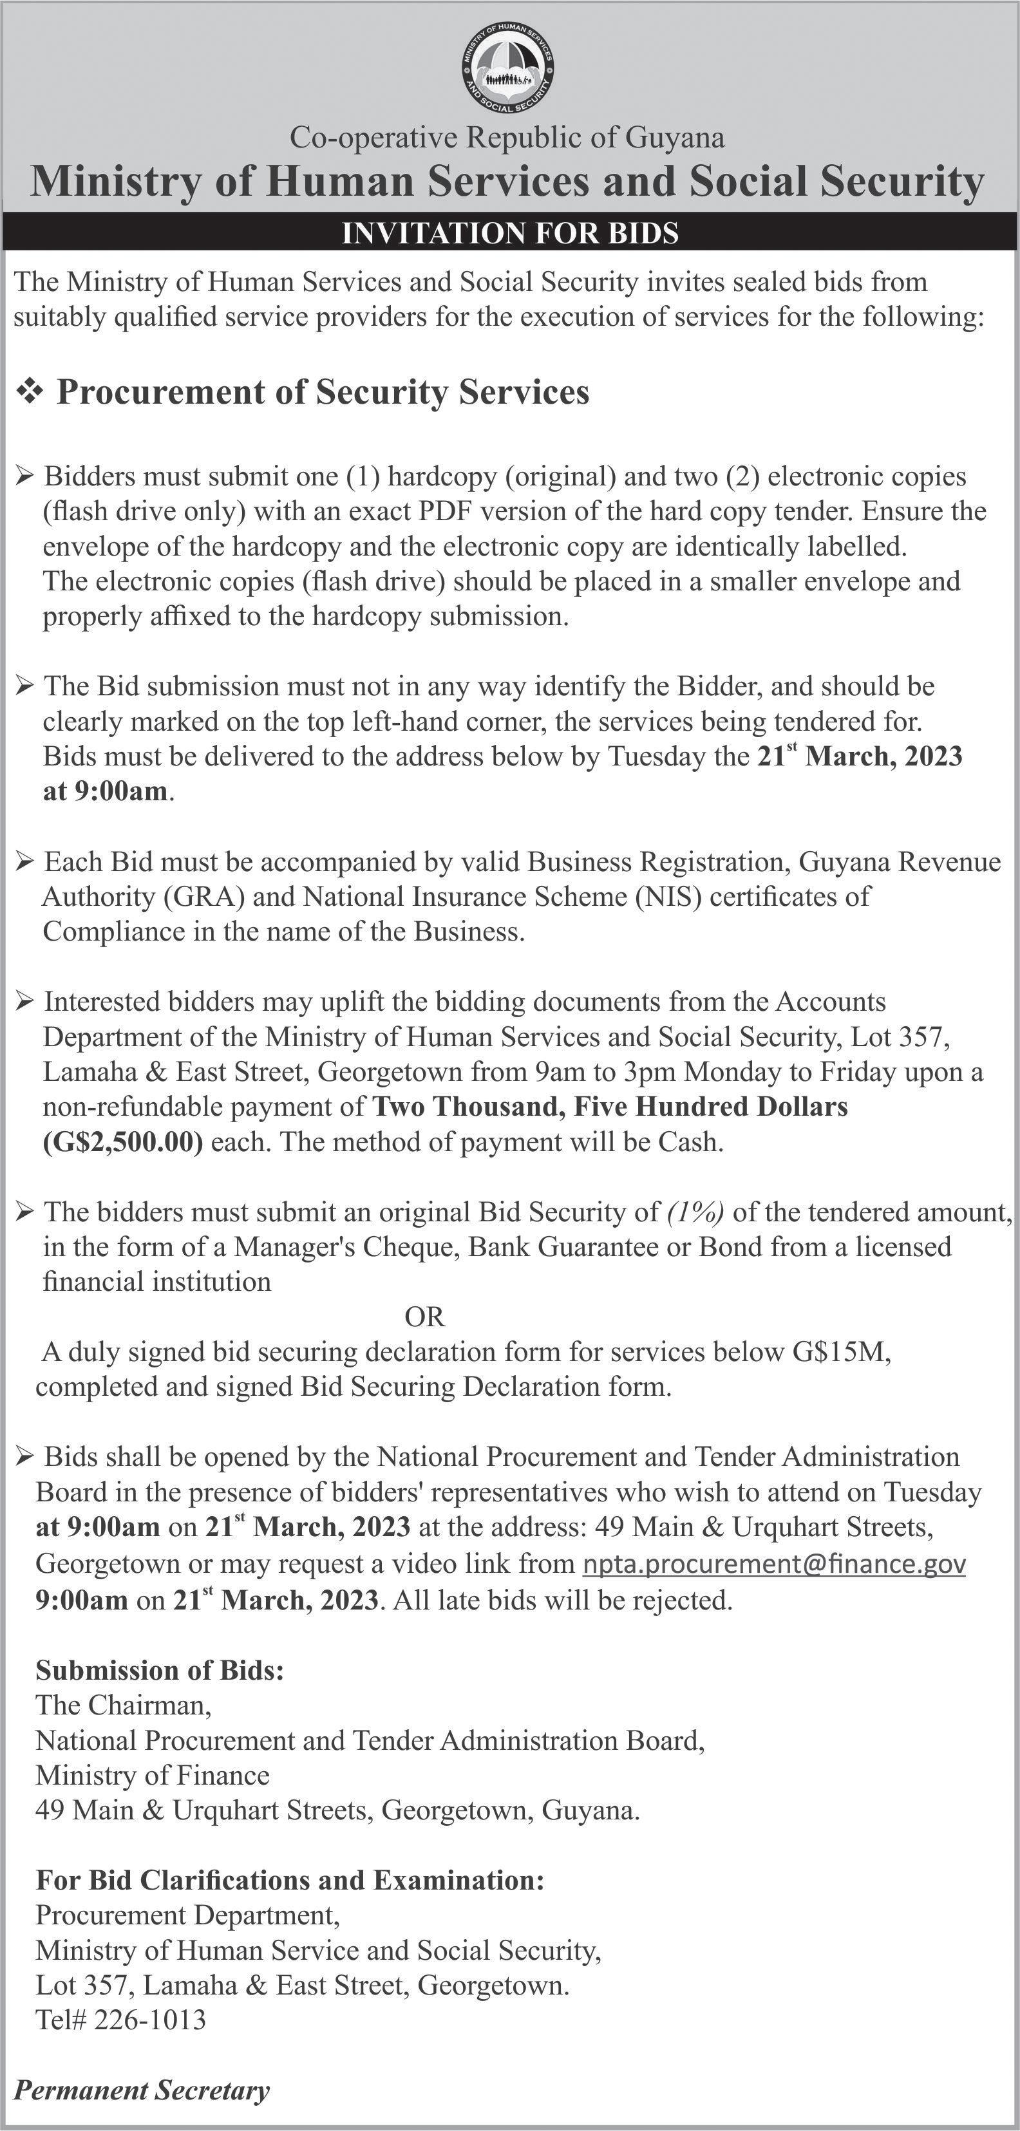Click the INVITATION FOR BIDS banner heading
(509, 232)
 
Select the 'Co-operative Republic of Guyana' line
(507, 137)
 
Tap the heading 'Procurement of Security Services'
(323, 392)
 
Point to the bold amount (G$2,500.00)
(122, 1141)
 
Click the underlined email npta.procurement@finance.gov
(774, 1564)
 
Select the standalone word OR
(424, 1315)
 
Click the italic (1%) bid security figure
(695, 1212)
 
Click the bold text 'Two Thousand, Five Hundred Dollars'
(610, 1107)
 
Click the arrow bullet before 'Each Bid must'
(25, 863)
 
